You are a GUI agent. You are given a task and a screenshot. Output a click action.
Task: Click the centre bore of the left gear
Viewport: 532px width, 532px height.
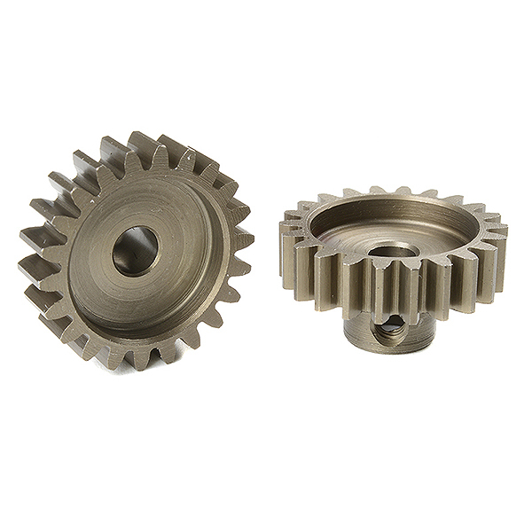[x=135, y=251]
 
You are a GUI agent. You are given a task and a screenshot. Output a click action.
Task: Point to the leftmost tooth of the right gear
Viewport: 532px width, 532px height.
[x=286, y=235]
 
